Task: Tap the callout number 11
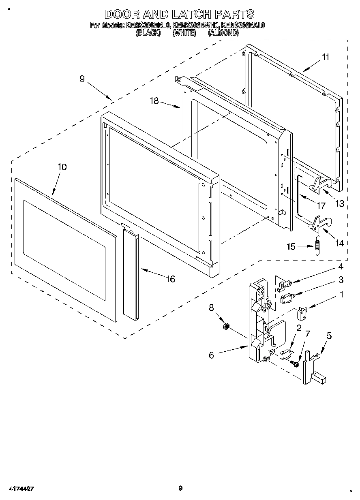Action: click(x=326, y=57)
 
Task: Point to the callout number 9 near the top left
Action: click(x=82, y=79)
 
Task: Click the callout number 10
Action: click(x=62, y=167)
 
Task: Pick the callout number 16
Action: click(x=171, y=279)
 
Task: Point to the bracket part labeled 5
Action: click(x=312, y=367)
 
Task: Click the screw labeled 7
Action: click(x=295, y=364)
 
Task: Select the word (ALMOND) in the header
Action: click(x=223, y=34)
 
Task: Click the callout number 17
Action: click(x=321, y=206)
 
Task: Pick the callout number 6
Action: click(x=211, y=355)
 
